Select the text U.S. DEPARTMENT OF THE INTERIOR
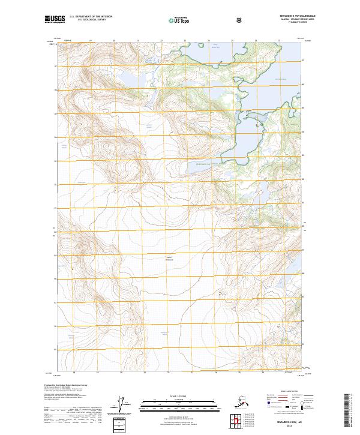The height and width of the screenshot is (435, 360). (90, 17)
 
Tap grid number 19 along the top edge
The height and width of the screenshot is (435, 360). (90, 41)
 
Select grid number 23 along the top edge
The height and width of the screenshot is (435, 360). (185, 41)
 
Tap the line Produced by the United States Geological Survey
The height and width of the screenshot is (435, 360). (66, 385)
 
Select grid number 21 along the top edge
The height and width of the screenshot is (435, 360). (137, 41)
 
